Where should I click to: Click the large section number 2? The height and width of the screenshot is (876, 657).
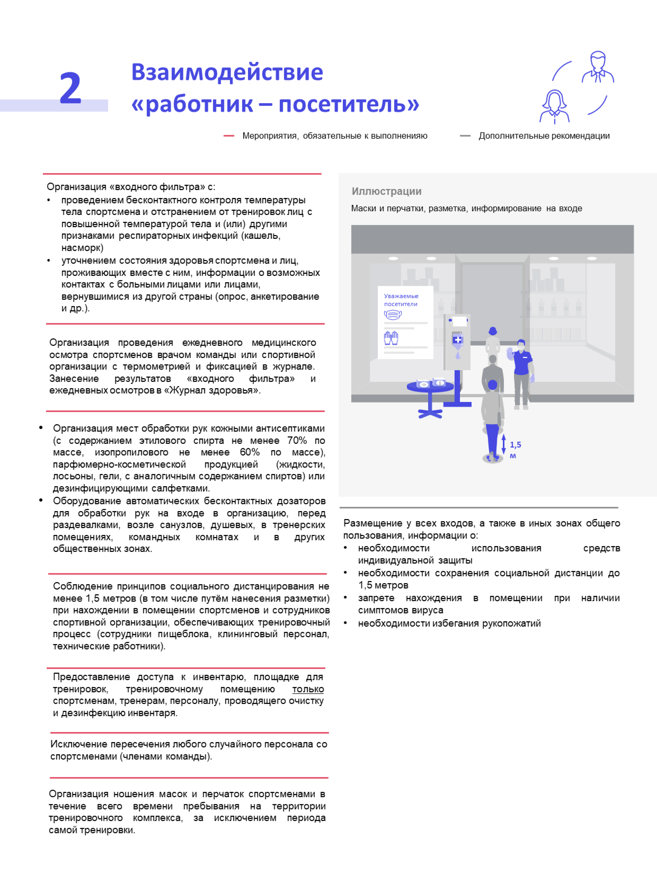[x=70, y=88]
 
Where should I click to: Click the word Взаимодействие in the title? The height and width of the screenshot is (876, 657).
[x=227, y=72]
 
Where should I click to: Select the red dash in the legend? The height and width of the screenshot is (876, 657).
[x=229, y=136]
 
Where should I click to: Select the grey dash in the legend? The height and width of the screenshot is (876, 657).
[x=465, y=136]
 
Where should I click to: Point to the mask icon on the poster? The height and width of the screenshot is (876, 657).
[x=392, y=315]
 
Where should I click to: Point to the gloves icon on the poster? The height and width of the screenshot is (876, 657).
[x=391, y=338]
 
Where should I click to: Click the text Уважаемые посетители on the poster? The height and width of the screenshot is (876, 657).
[x=401, y=300]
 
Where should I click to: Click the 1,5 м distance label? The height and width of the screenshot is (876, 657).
[x=515, y=449]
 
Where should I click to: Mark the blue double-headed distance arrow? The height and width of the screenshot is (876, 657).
[x=503, y=444]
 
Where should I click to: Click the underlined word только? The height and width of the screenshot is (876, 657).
[x=308, y=689]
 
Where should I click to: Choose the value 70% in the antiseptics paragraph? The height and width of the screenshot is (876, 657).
[x=297, y=440]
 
